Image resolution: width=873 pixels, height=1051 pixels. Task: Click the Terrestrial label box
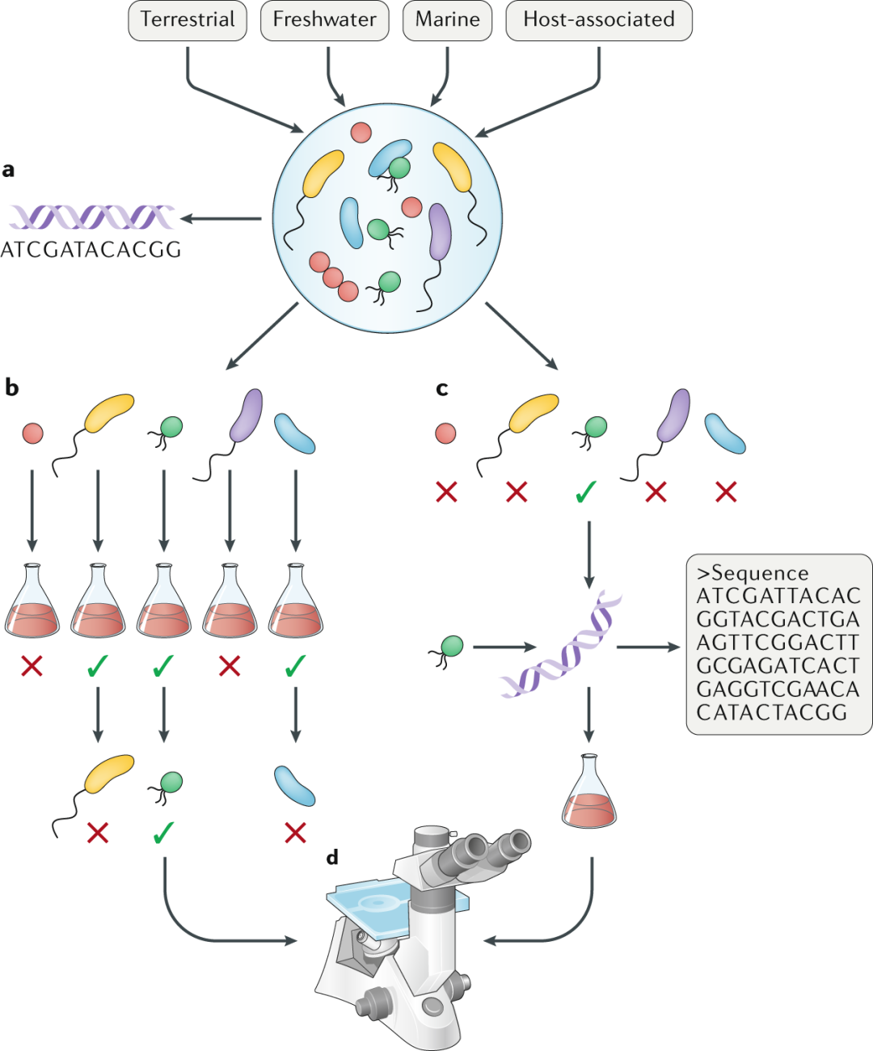click(188, 20)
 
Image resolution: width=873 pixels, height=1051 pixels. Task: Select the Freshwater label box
click(324, 20)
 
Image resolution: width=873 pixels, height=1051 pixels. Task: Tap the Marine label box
click(447, 20)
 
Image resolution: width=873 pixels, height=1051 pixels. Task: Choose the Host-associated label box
click(599, 20)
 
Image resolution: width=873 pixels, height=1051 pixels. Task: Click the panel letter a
click(8, 170)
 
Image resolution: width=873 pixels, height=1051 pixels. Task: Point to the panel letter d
click(332, 856)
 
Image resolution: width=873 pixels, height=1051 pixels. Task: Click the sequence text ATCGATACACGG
click(91, 250)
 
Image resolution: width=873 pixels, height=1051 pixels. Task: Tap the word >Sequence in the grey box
click(753, 573)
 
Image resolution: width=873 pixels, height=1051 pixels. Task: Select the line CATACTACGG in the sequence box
click(772, 713)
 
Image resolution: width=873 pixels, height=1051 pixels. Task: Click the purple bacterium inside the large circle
click(439, 231)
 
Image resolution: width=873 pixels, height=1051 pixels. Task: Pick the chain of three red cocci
click(334, 276)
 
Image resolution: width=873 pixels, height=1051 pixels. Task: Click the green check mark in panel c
click(586, 492)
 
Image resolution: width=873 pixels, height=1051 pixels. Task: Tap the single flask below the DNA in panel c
click(588, 791)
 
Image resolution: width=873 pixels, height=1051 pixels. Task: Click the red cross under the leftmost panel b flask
click(32, 666)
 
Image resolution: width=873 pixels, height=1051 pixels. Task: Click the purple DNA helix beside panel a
click(91, 217)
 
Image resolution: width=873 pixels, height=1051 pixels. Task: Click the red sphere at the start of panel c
click(445, 433)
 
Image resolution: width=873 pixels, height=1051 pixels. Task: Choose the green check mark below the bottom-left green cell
click(163, 833)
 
